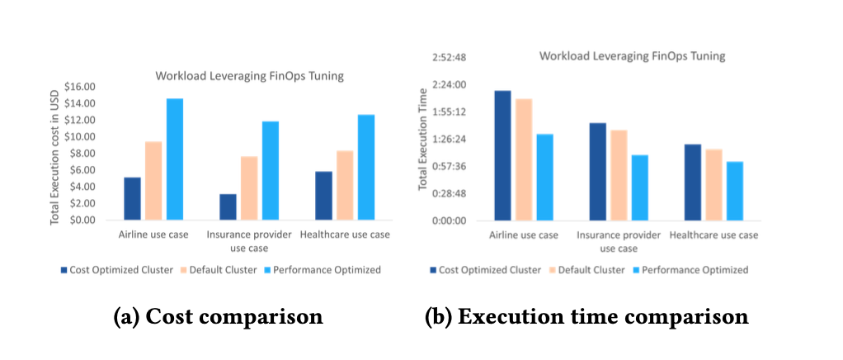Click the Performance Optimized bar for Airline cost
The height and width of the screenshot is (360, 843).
coord(175,159)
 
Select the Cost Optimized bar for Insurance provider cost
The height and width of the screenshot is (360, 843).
coord(228,206)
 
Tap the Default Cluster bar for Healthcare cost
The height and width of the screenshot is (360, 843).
coord(345,185)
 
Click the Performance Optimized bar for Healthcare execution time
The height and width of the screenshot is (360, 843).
coord(735,191)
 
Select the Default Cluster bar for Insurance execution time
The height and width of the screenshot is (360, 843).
coord(619,175)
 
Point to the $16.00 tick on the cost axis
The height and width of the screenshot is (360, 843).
coord(79,87)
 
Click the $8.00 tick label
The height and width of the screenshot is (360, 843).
coord(82,154)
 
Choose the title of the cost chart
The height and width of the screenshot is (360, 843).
coord(249,77)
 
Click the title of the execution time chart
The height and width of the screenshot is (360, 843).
coord(632,56)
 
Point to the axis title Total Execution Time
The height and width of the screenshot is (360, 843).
coord(422,139)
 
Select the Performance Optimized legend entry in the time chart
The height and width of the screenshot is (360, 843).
coord(688,270)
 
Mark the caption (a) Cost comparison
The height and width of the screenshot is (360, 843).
coord(218,317)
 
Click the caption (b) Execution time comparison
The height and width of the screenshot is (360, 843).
coord(586,317)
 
